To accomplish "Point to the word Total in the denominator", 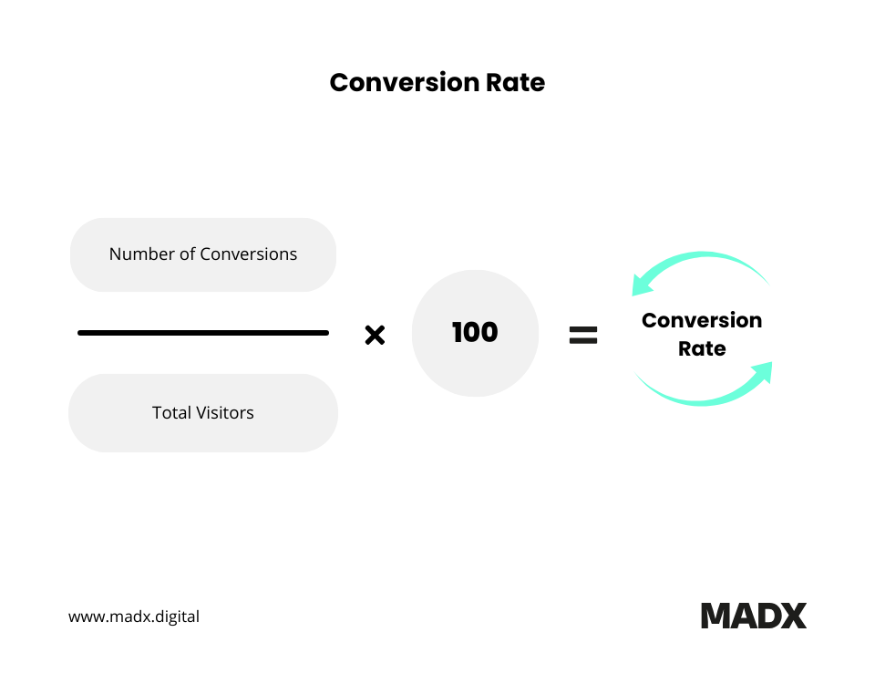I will (170, 413).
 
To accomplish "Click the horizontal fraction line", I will (203, 333).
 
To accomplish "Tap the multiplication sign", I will (375, 336).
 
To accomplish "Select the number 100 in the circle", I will (475, 333).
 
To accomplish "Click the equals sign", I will (583, 336).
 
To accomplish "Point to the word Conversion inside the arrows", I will (702, 321).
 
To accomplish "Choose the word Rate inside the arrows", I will (702, 348).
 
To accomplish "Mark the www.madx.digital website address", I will (134, 617).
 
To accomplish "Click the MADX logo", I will (754, 616).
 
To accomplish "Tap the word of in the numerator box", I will (188, 254).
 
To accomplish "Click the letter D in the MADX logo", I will (768, 616).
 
